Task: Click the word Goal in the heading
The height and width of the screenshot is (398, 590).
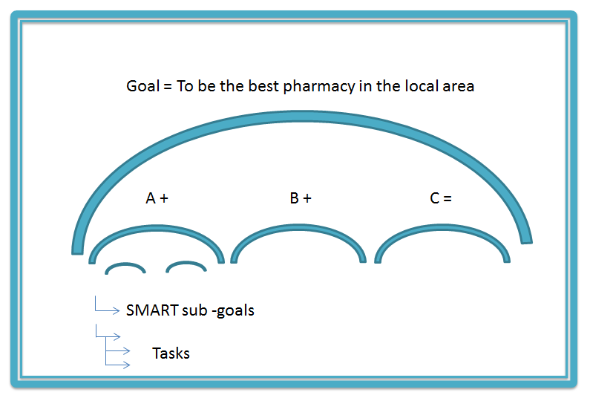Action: click(x=143, y=86)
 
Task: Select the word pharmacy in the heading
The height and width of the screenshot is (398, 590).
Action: click(x=319, y=87)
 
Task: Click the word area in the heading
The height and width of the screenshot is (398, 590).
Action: click(x=459, y=87)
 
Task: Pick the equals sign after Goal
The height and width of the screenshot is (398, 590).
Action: click(x=168, y=87)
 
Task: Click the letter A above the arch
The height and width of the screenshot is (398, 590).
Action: click(x=151, y=198)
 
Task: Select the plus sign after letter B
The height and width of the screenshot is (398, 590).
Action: click(x=307, y=198)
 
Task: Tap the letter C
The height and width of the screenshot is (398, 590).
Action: click(x=435, y=198)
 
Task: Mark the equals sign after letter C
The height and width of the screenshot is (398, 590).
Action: click(x=448, y=198)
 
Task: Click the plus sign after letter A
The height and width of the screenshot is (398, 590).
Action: click(x=164, y=198)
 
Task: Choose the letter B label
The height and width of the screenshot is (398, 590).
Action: click(x=294, y=198)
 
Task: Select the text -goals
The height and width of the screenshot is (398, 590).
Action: click(x=233, y=311)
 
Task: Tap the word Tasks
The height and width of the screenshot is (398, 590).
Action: click(x=171, y=353)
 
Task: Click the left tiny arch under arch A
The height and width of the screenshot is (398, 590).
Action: click(x=125, y=264)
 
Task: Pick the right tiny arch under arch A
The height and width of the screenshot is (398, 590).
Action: click(x=186, y=263)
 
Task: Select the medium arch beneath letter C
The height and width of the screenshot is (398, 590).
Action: click(x=442, y=226)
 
